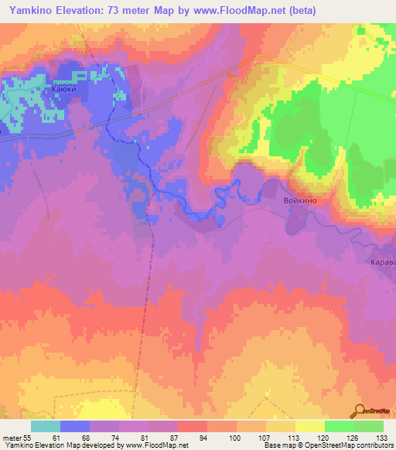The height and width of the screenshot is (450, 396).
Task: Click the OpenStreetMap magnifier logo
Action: [x=360, y=411]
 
